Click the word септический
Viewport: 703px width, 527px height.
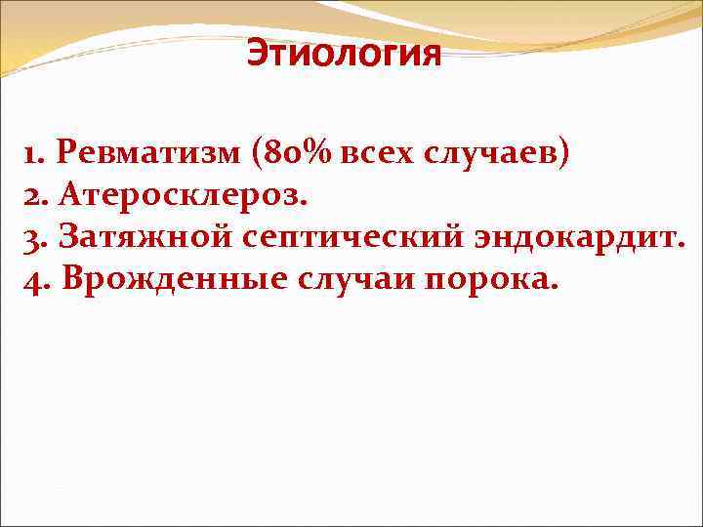pyautogui.click(x=346, y=239)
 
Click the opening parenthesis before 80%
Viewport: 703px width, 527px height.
pyautogui.click(x=257, y=153)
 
